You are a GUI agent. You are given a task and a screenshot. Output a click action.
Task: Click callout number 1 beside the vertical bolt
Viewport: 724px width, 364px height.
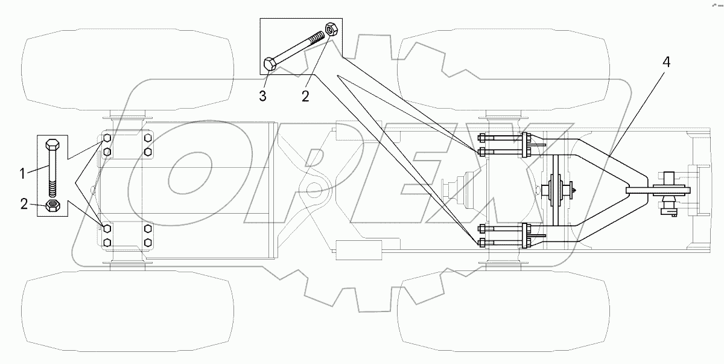tap(22, 174)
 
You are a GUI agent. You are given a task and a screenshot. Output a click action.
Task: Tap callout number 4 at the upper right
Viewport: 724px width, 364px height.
tap(665, 63)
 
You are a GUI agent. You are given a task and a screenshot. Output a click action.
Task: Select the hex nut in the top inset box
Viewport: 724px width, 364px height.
tap(331, 28)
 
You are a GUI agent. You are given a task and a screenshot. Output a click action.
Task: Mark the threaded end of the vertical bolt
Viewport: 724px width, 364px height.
tap(53, 190)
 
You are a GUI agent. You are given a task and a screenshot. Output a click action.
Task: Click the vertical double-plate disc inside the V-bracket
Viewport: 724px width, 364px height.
tap(556, 189)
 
